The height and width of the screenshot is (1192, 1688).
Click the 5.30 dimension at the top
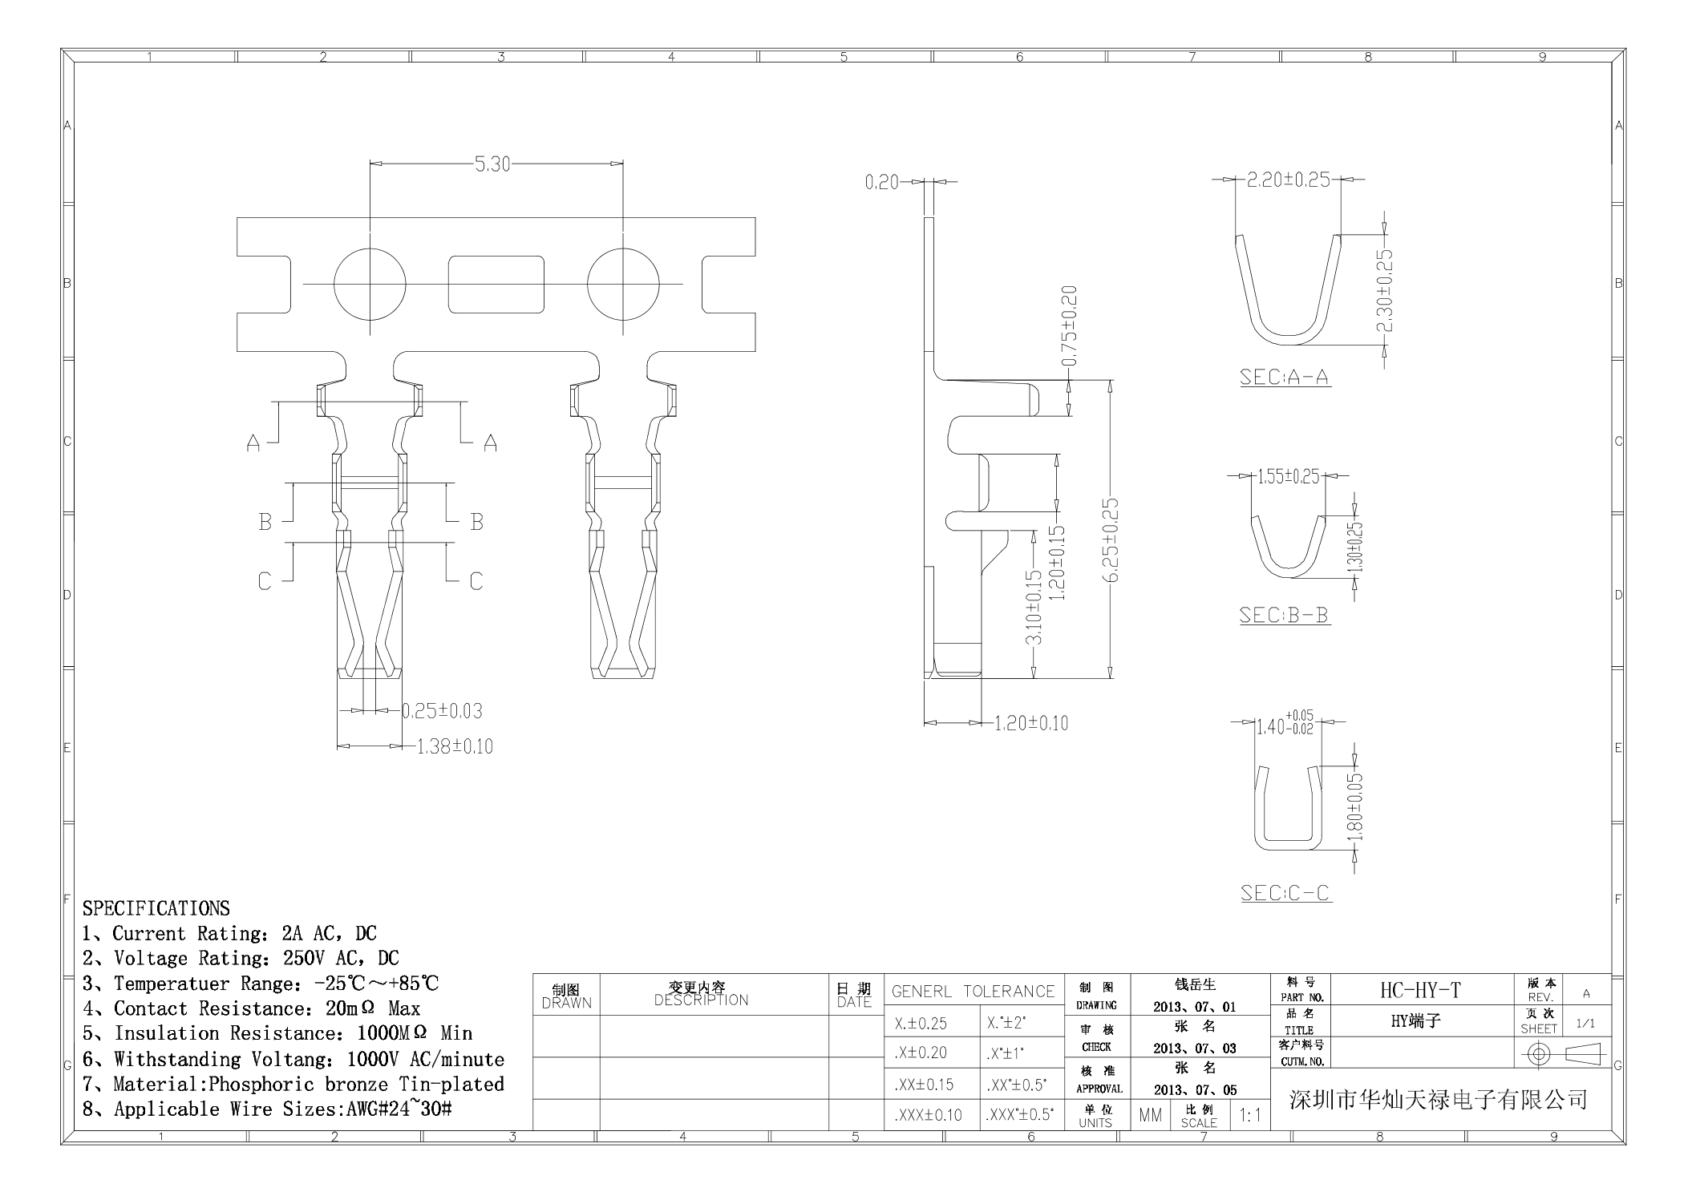(492, 164)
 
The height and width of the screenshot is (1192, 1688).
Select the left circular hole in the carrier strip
(370, 284)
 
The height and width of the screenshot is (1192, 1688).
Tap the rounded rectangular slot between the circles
(496, 284)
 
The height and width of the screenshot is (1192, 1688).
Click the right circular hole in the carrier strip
(623, 284)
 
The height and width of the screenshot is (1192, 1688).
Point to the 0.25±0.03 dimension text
(442, 711)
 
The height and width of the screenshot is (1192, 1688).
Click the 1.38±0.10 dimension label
(455, 747)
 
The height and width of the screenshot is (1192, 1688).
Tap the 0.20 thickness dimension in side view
(881, 183)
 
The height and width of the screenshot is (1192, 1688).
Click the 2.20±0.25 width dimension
(1289, 180)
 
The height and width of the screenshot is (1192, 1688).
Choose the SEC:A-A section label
(1285, 377)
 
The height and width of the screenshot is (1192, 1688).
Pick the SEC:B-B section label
(1284, 616)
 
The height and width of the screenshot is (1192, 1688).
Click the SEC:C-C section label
(1285, 893)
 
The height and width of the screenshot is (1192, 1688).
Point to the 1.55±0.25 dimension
(1288, 476)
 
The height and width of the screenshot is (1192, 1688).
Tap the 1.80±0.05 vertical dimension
(1355, 806)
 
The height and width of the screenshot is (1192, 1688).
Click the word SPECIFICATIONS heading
(156, 908)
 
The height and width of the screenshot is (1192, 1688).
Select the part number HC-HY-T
(1420, 991)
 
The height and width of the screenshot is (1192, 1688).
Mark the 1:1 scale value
(1249, 1115)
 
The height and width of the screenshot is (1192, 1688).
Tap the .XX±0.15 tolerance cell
(924, 1085)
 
